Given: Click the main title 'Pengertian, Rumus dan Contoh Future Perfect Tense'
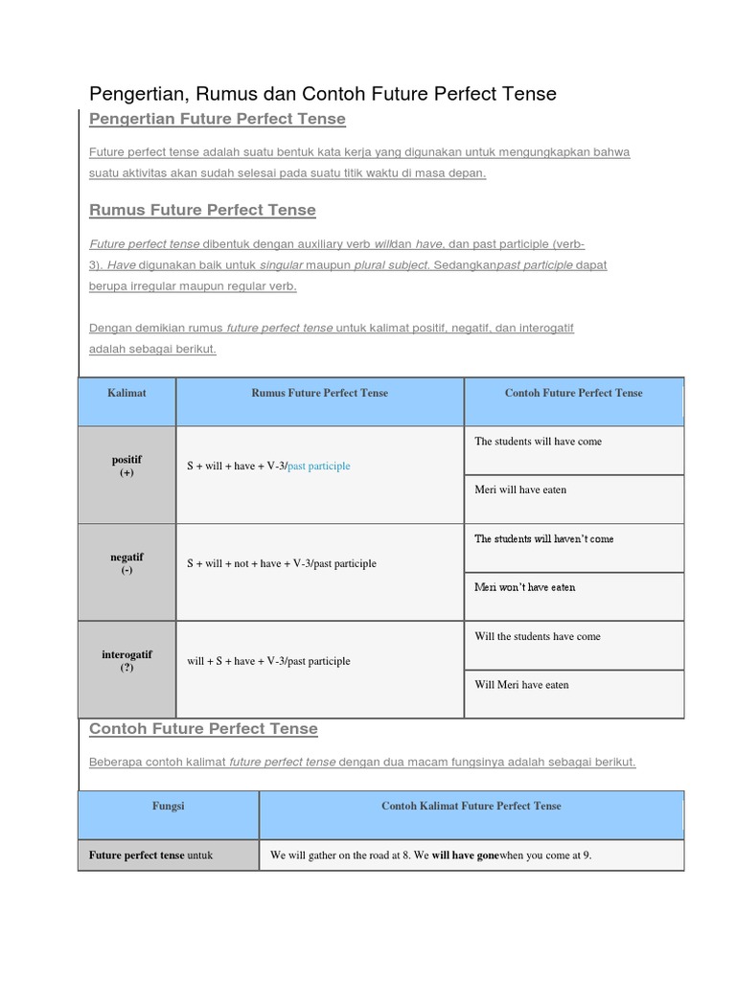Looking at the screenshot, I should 322,94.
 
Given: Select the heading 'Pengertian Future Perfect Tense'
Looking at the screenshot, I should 217,119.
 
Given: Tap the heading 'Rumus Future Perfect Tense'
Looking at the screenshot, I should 202,210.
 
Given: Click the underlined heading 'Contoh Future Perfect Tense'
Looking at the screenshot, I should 203,729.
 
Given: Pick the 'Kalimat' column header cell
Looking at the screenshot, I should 127,394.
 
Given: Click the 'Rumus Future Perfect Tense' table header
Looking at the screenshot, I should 319,394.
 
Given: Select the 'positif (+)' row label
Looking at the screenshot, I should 126,467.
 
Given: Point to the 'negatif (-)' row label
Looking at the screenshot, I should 126,563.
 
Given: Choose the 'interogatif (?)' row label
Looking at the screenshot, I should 126,661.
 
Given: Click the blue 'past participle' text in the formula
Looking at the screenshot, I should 319,467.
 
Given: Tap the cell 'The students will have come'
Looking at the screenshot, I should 539,442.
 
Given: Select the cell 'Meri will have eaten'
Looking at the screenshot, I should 520,490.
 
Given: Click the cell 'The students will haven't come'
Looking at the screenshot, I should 544,539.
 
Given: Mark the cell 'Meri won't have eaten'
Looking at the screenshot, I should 525,588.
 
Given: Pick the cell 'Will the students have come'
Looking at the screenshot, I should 538,637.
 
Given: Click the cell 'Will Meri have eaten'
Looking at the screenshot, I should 521,686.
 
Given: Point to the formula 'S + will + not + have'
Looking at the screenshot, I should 282,564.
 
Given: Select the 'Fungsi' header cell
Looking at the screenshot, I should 168,807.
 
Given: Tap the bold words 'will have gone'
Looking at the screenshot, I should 465,856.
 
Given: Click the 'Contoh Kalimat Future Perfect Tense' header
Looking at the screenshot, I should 471,807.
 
